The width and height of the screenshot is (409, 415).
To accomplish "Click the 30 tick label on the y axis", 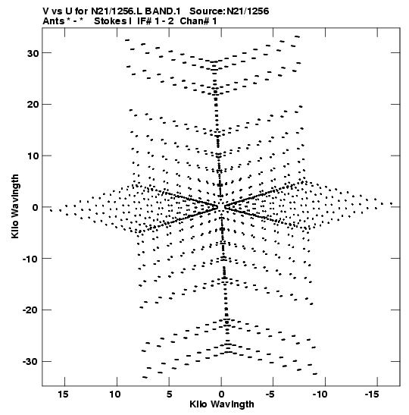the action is (x=33, y=53).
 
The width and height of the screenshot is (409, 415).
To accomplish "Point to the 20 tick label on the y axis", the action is (x=33, y=105).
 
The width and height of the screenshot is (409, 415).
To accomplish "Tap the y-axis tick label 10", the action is (x=33, y=156).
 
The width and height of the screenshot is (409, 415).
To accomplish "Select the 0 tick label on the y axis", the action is (x=36, y=207).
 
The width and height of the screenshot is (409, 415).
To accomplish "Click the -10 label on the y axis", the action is (x=30, y=259).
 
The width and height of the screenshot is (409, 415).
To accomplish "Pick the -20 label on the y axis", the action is (x=30, y=310).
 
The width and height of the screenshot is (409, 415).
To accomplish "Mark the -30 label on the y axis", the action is (x=30, y=362).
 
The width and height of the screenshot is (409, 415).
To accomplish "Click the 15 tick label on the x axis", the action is (x=63, y=395).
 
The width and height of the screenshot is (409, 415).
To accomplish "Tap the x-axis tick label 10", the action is (x=115, y=395).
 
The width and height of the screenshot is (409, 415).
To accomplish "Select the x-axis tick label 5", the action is (x=169, y=395).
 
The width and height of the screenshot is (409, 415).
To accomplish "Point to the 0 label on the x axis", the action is (x=221, y=395).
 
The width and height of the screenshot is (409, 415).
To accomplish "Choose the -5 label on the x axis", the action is (x=270, y=395).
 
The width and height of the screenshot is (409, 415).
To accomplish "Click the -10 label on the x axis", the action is (x=320, y=395).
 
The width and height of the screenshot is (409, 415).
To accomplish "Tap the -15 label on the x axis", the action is (x=372, y=395).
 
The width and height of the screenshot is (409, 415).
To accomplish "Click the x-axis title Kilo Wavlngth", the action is (x=222, y=404).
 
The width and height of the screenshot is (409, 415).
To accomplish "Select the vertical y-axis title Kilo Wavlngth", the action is (x=15, y=206).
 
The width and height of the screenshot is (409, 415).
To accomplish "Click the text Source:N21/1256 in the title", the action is (x=229, y=11).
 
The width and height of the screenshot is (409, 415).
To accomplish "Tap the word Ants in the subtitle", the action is (x=53, y=21).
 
